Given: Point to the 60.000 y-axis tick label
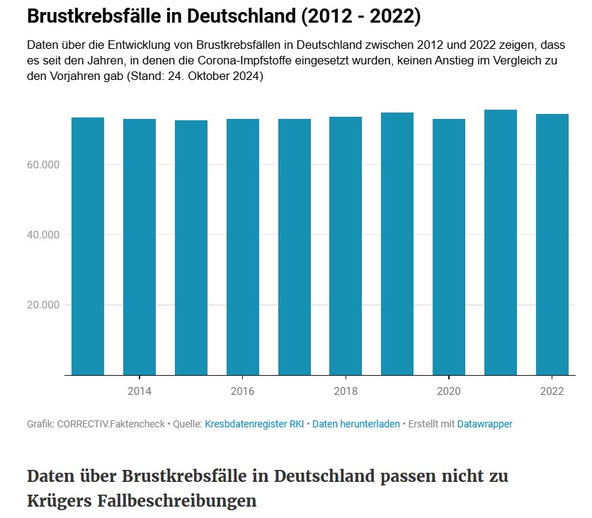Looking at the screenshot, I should pyautogui.click(x=43, y=165).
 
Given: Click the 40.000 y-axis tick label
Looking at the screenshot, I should pyautogui.click(x=43, y=235).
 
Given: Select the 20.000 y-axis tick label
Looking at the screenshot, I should pyautogui.click(x=43, y=305).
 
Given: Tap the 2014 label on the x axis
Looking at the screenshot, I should pyautogui.click(x=140, y=391).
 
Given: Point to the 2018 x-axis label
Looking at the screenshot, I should pyautogui.click(x=346, y=391).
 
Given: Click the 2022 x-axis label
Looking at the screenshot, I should pyautogui.click(x=552, y=391).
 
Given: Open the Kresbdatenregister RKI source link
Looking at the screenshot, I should pyautogui.click(x=254, y=424).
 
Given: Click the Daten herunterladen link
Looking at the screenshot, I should pyautogui.click(x=356, y=424).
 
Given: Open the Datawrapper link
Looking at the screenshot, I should pyautogui.click(x=484, y=424).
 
